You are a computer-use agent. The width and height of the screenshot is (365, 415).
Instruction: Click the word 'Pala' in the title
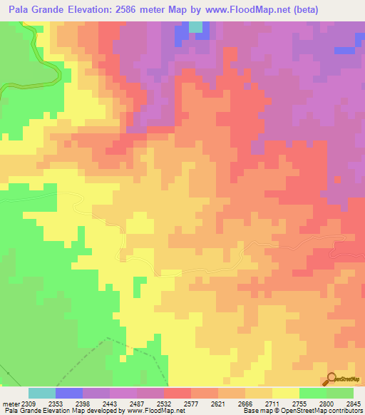(x=21, y=10)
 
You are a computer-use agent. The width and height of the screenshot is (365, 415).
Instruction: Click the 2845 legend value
(x=352, y=404)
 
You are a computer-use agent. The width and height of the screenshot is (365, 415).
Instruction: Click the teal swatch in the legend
(x=41, y=393)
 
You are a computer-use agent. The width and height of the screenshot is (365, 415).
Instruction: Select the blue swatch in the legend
(x=68, y=393)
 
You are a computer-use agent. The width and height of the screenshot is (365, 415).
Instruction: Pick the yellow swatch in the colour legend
(x=285, y=393)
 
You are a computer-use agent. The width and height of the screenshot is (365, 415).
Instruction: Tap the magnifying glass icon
(x=331, y=379)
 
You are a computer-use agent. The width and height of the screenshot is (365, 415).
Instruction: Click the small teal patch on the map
(x=196, y=27)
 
